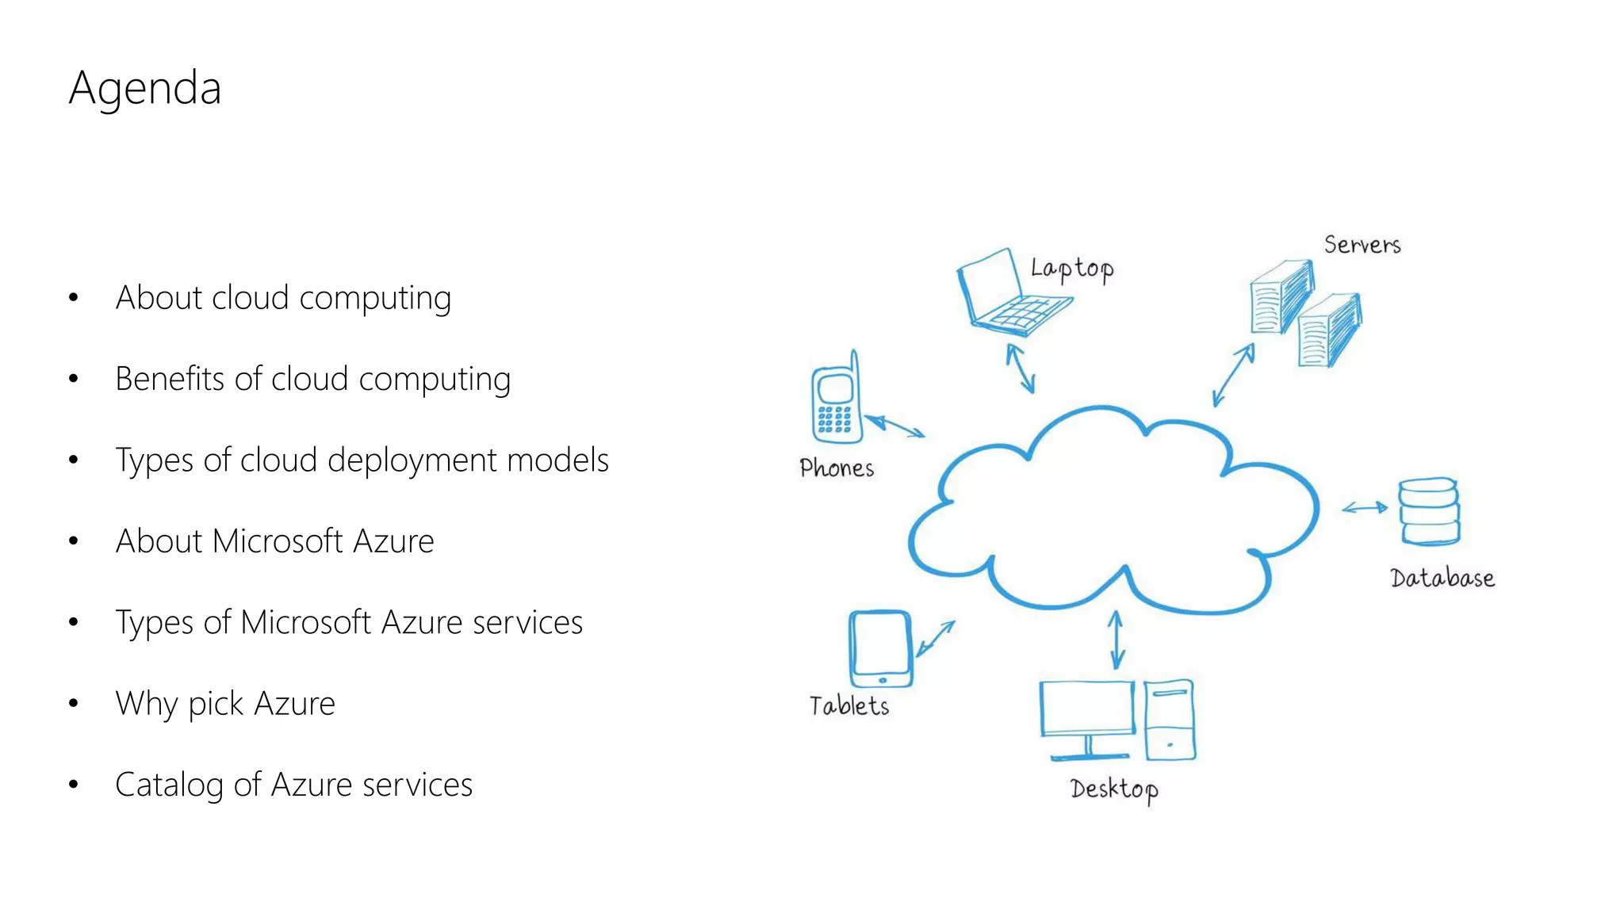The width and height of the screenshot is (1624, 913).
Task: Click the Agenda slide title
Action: (144, 88)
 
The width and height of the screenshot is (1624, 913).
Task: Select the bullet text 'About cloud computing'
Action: (283, 298)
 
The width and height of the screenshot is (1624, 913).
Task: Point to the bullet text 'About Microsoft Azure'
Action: (274, 541)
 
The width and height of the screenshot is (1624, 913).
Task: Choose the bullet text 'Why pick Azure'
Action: (225, 704)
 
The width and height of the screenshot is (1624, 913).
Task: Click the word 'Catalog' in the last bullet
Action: (169, 785)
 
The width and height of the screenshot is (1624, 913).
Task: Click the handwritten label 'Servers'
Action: (1362, 245)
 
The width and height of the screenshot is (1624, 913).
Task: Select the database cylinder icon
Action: (1429, 511)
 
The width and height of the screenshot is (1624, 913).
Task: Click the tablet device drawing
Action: (880, 648)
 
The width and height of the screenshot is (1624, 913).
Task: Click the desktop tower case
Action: (1170, 720)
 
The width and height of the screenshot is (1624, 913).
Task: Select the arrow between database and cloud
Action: (1364, 508)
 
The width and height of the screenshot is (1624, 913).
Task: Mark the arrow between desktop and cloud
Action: (1116, 640)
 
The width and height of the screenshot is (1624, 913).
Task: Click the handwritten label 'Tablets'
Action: (848, 705)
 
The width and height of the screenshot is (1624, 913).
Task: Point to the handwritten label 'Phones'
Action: (837, 468)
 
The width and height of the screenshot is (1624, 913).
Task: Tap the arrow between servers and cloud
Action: (1233, 375)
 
